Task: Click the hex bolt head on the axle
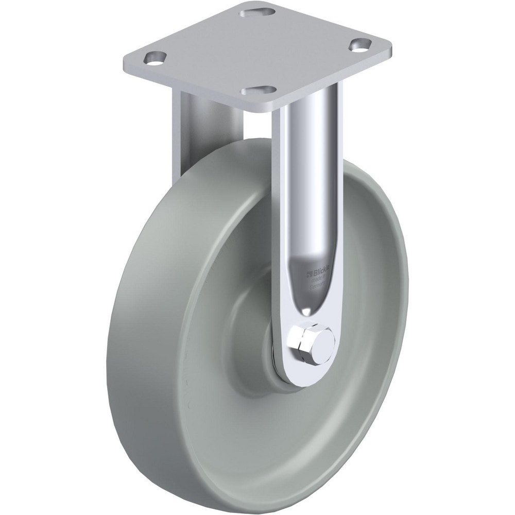click(305, 341)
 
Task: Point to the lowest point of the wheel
click(288, 507)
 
